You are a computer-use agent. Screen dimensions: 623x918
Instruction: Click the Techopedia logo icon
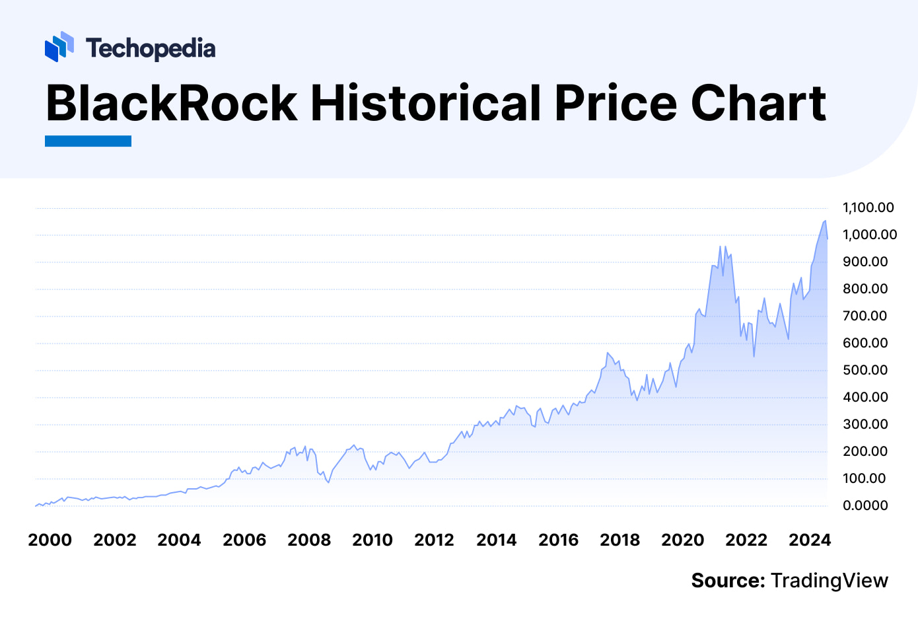[x=59, y=47]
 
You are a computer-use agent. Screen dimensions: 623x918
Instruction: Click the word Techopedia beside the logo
[x=151, y=48]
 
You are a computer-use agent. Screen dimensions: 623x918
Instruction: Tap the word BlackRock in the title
[x=172, y=103]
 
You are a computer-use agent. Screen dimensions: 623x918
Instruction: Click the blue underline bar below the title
[x=88, y=141]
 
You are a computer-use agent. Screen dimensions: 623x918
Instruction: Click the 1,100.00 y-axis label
[x=868, y=207]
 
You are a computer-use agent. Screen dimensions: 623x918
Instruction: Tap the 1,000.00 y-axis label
[x=869, y=235]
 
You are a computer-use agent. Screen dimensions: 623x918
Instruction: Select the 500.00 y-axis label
[x=865, y=370]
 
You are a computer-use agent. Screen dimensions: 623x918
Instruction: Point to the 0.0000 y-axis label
[x=865, y=505]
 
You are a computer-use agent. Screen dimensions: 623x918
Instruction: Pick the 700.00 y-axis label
[x=865, y=316]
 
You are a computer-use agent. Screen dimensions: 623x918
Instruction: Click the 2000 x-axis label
[x=50, y=540]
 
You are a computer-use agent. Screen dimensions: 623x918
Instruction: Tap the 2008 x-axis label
[x=309, y=540]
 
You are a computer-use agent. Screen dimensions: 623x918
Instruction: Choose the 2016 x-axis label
[x=558, y=540]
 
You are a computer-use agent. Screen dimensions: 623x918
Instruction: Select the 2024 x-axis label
[x=810, y=540]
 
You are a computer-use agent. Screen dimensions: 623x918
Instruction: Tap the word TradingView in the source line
[x=830, y=581]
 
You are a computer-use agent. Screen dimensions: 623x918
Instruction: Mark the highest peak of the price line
[x=825, y=221]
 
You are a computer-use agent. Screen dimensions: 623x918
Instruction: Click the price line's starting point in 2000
[x=36, y=505]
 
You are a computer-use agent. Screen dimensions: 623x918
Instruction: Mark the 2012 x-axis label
[x=434, y=540]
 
